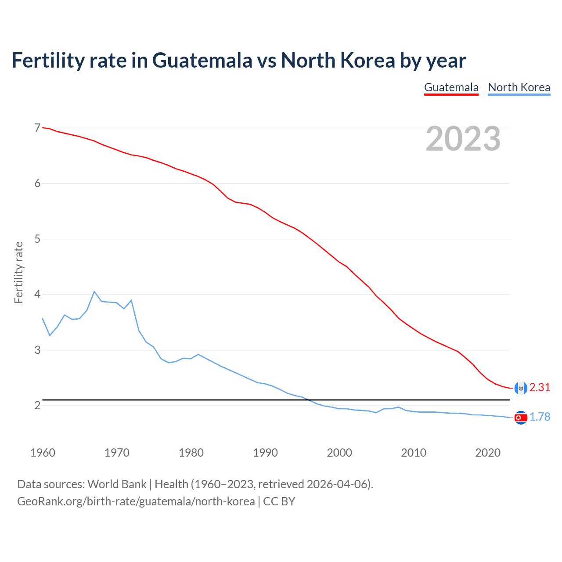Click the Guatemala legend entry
pos(451,87)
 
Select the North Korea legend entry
pos(519,87)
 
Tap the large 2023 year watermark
pos(463,139)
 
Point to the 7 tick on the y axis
pos(37,128)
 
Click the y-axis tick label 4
pos(37,294)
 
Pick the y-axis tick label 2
pos(37,405)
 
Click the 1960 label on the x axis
pos(43,453)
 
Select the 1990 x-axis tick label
pos(265,453)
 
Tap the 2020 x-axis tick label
pos(488,453)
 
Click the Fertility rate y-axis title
pos(18,272)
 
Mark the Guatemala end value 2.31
pos(540,387)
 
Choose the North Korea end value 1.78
pos(540,417)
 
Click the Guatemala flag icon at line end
pos(521,388)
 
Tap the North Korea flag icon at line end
pos(521,418)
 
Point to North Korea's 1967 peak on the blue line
pos(94,292)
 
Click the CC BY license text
pos(279,501)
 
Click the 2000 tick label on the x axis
pos(339,453)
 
